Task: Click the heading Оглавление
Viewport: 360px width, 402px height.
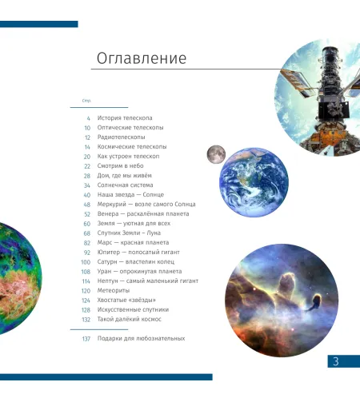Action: (141, 58)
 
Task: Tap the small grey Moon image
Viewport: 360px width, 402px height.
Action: (214, 153)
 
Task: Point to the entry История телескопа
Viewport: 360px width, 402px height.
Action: (126, 117)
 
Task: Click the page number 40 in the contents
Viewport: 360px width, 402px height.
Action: (86, 195)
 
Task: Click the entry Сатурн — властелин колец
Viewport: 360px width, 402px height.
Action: (138, 261)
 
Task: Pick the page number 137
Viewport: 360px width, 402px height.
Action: (85, 339)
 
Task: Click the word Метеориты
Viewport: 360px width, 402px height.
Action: (114, 290)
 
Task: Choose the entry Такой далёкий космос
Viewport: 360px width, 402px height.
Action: (130, 319)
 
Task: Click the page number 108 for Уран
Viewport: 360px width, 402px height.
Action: (85, 271)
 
